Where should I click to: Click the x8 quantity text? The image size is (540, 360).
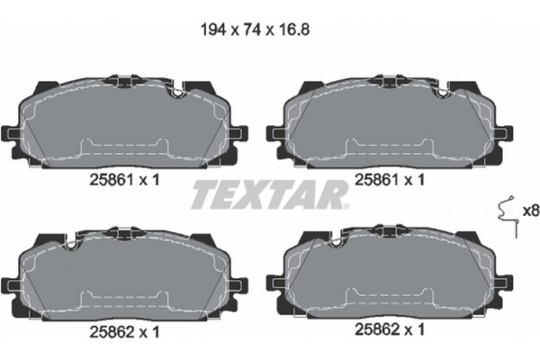tap(529, 212)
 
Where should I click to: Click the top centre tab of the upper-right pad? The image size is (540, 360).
tap(380, 81)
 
